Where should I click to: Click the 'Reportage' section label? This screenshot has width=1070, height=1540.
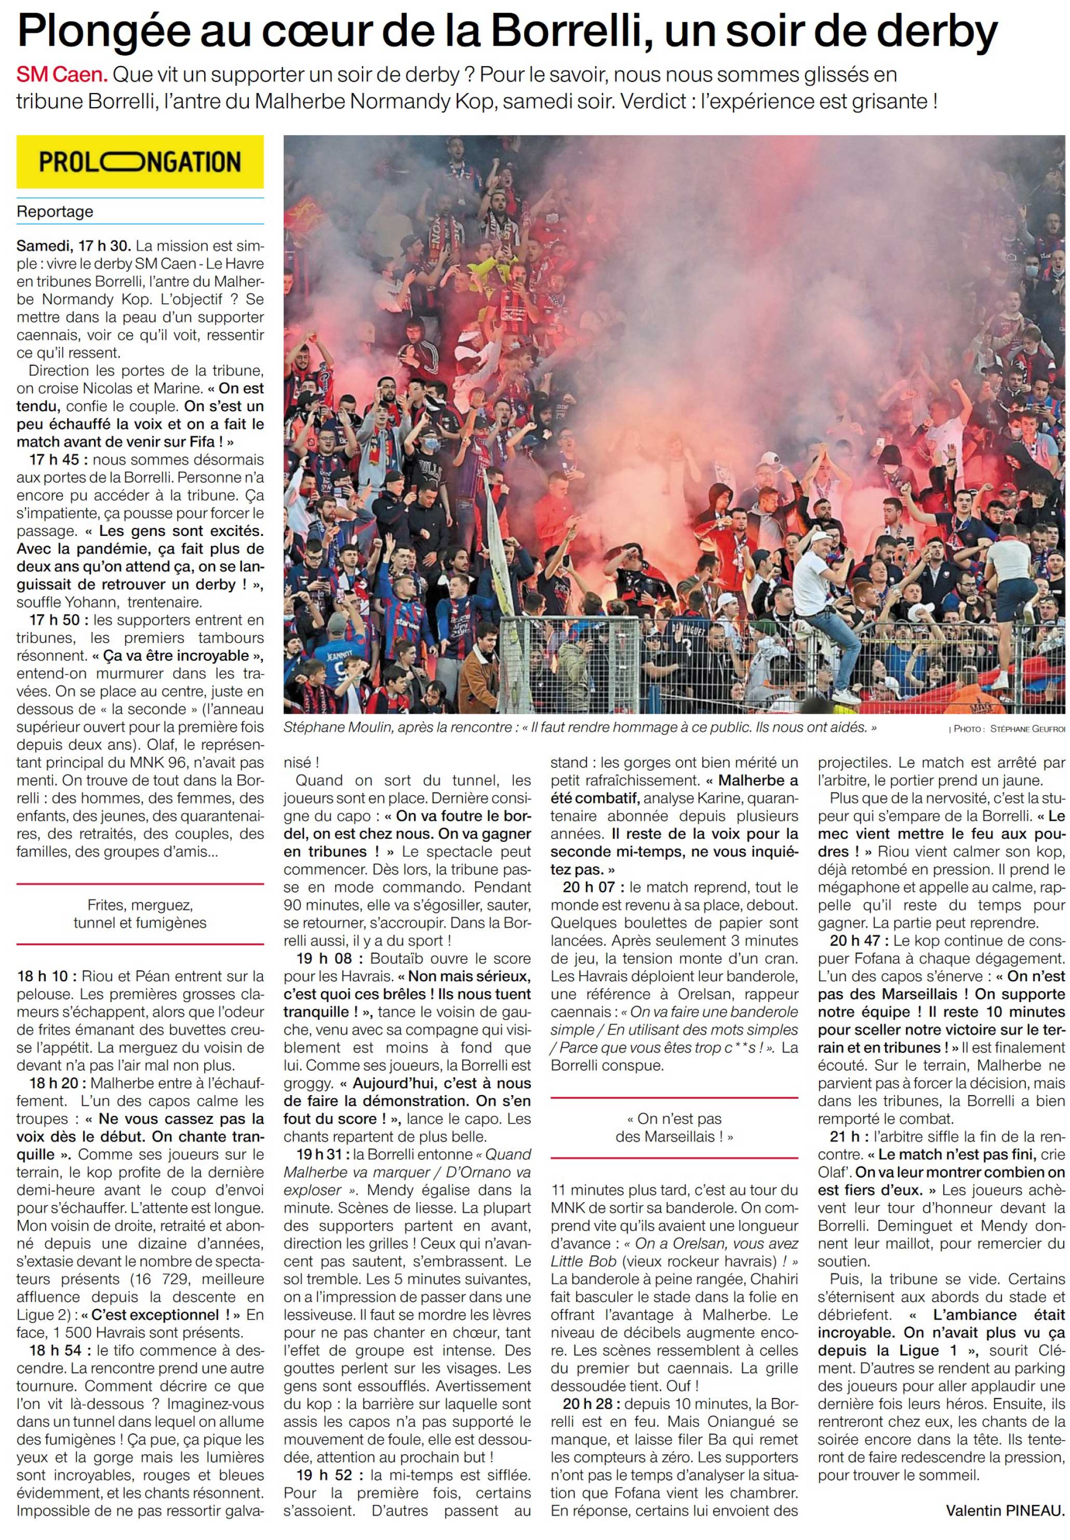[55, 212]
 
